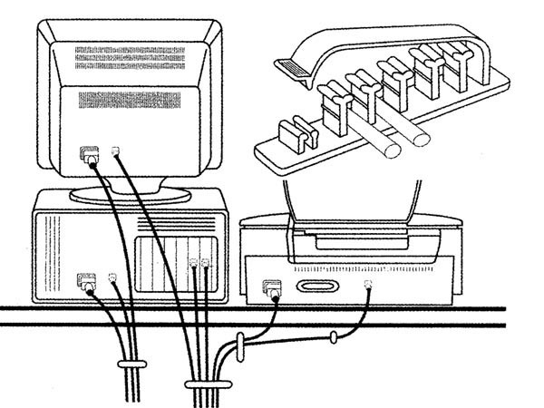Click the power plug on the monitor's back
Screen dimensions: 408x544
click(87, 156)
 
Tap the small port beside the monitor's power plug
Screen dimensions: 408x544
click(113, 152)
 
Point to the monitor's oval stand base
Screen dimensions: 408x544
click(127, 193)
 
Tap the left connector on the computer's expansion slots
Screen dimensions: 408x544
click(194, 265)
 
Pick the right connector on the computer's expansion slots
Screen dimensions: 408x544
click(206, 265)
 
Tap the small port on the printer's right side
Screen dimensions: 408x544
click(368, 286)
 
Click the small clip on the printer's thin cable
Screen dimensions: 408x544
click(334, 339)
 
